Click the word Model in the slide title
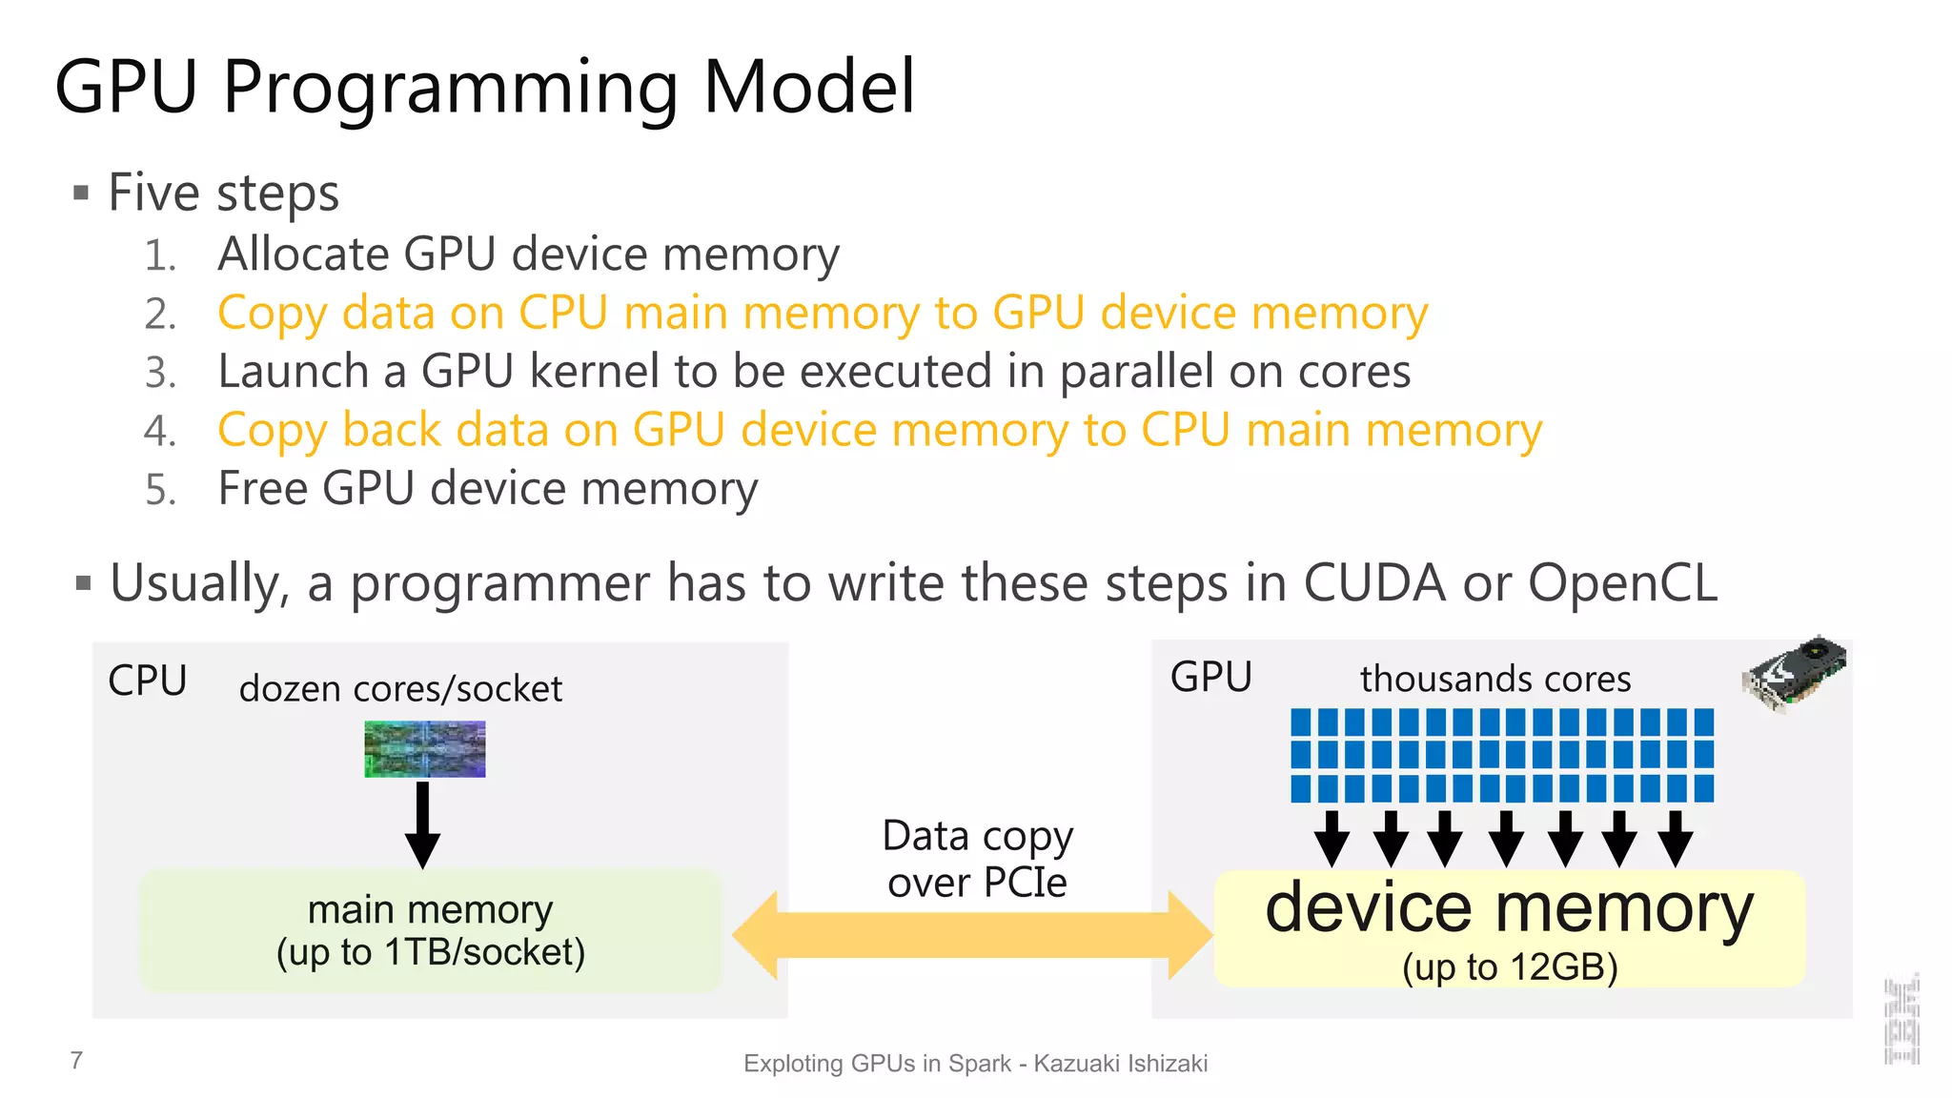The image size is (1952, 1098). [808, 87]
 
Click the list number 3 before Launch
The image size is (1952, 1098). [160, 373]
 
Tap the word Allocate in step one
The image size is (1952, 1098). [303, 254]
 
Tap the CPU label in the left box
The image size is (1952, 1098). [147, 681]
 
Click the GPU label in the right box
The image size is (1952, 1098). [1210, 678]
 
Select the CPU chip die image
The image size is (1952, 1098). [424, 749]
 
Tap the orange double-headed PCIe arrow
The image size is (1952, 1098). [972, 935]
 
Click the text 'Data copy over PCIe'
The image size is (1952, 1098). [977, 859]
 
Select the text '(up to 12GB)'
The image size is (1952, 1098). [1510, 967]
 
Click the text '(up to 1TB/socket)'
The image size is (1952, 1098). [430, 952]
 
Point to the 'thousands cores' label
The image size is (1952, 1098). [1494, 679]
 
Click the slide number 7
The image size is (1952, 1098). [76, 1060]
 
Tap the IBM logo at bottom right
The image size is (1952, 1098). [1901, 1020]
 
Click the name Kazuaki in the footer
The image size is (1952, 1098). [1076, 1064]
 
